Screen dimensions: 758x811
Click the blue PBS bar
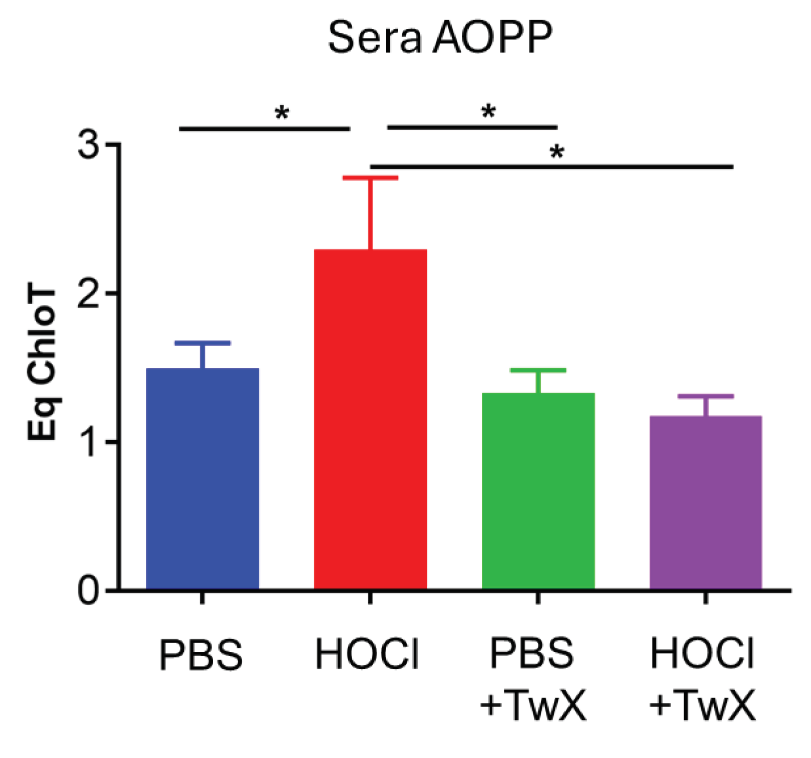click(202, 478)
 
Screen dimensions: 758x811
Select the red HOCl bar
click(370, 419)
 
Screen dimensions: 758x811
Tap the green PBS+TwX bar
click(538, 491)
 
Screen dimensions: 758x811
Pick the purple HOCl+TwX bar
click(705, 502)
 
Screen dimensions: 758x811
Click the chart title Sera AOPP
click(440, 37)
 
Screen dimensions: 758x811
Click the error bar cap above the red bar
click(370, 177)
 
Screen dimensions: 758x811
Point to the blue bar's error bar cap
click(202, 343)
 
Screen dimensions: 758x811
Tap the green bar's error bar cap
click(538, 370)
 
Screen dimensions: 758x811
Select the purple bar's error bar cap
click(705, 396)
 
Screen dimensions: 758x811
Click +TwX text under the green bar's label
click(532, 705)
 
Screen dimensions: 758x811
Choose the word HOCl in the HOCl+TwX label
click(702, 653)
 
